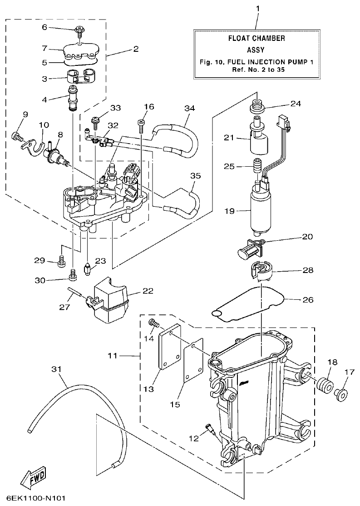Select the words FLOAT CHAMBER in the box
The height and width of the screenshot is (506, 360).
pyautogui.click(x=256, y=39)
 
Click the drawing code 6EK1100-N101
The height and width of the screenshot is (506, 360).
pyautogui.click(x=36, y=498)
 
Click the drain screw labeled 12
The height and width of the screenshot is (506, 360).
pyautogui.click(x=210, y=428)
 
